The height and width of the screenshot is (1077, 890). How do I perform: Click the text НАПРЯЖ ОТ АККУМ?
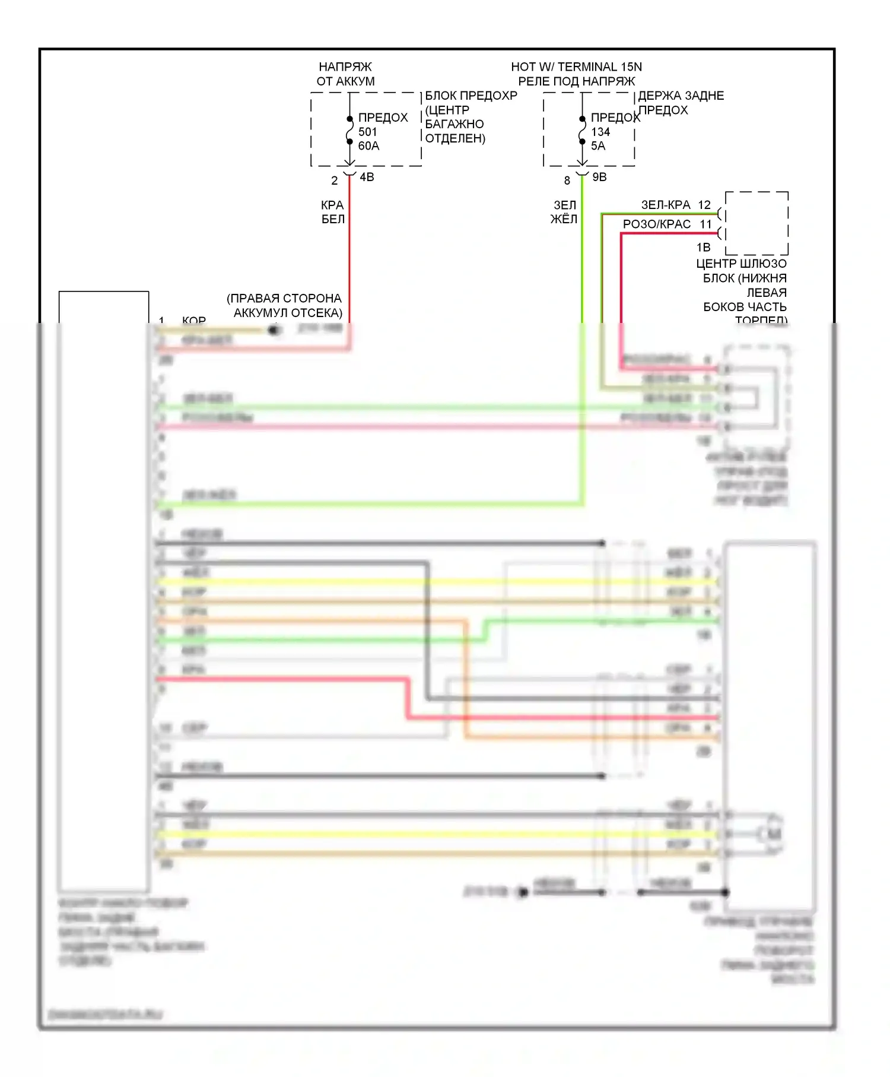pos(345,74)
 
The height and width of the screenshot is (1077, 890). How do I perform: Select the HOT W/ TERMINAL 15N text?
pos(576,66)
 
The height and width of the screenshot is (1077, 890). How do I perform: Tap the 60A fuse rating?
pos(368,146)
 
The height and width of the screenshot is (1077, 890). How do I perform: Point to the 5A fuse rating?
pos(598,146)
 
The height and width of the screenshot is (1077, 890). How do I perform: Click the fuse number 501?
pos(367,132)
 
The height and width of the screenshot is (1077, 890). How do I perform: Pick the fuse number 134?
pos(600,132)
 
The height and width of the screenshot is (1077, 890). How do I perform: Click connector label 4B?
pos(367,177)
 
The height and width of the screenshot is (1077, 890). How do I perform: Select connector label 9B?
pos(599,177)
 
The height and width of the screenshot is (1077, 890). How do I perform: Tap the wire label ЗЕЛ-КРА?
pos(666,205)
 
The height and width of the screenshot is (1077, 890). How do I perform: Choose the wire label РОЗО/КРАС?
pos(657,224)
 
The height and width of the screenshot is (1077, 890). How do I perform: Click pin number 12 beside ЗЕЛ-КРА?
pos(704,205)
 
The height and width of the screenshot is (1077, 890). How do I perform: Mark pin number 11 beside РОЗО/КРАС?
pos(705,224)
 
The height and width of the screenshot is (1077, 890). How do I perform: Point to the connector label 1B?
pos(703,248)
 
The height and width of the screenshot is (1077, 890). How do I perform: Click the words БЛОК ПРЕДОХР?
pos(471,96)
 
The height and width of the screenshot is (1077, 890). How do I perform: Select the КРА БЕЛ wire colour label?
pos(333,212)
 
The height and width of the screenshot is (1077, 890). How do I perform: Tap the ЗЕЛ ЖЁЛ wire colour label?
pos(564,212)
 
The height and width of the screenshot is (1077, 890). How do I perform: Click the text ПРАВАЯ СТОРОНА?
pos(285,299)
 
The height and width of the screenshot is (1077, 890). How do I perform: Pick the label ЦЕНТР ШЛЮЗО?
pos(741,264)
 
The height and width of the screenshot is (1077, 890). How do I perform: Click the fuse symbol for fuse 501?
pos(349,131)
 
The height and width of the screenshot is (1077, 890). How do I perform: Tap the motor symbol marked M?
pos(774,834)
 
